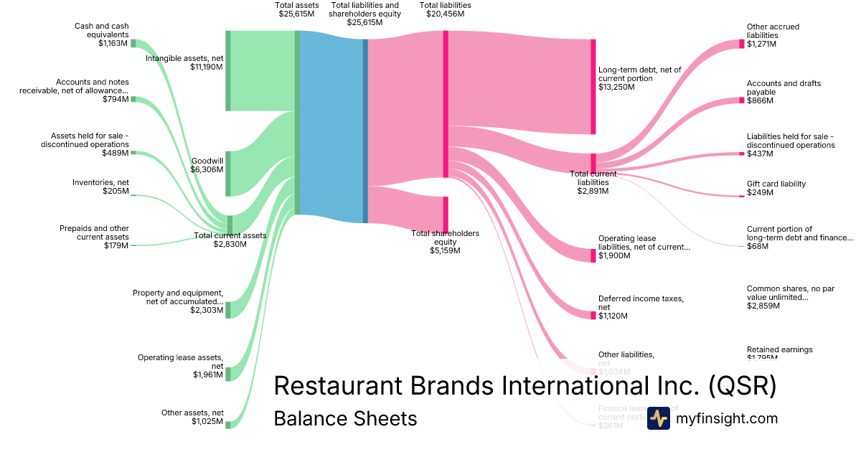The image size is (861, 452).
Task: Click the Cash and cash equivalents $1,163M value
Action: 113,44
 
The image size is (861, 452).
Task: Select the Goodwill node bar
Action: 228,173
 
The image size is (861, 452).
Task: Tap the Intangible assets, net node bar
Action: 228,71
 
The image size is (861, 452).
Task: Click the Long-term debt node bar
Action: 593,86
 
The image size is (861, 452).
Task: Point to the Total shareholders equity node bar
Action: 446,214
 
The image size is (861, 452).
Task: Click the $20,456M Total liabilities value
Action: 445,14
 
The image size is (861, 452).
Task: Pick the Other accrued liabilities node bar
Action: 742,44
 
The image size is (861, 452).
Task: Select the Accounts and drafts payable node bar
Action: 742,100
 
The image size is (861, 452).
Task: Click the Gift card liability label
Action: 776,184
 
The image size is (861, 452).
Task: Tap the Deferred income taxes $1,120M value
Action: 613,316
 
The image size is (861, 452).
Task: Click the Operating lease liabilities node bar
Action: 593,255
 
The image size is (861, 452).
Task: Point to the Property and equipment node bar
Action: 228,310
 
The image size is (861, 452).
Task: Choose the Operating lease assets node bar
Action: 228,374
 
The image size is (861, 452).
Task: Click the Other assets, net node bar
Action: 228,425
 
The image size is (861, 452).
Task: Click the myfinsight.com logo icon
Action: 658,418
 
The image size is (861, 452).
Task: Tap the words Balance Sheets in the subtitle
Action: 345,418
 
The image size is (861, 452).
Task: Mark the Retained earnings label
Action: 779,350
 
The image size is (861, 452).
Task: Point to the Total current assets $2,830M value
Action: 230,245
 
